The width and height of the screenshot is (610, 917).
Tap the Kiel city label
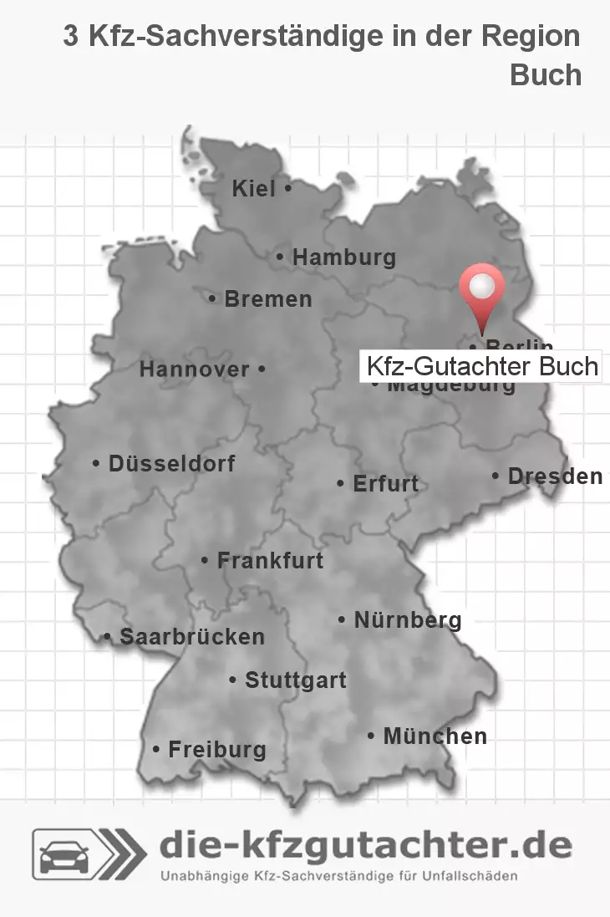click(254, 189)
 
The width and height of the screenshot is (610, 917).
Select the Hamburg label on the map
click(343, 258)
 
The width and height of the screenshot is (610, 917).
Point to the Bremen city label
click(267, 298)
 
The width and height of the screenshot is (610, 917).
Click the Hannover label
click(194, 369)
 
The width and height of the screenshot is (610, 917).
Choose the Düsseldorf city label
click(171, 463)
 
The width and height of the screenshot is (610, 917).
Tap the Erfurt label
click(385, 483)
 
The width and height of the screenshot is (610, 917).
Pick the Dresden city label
click(554, 476)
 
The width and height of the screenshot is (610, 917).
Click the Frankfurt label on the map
click(269, 560)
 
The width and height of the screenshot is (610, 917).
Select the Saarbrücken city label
click(191, 636)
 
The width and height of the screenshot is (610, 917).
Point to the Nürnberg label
click(407, 619)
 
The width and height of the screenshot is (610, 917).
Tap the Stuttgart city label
click(295, 680)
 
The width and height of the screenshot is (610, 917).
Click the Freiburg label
click(216, 749)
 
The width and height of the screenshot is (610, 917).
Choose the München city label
click(434, 736)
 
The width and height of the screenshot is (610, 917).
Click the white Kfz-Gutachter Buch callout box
click(480, 366)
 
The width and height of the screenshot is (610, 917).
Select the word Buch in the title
click(545, 74)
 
